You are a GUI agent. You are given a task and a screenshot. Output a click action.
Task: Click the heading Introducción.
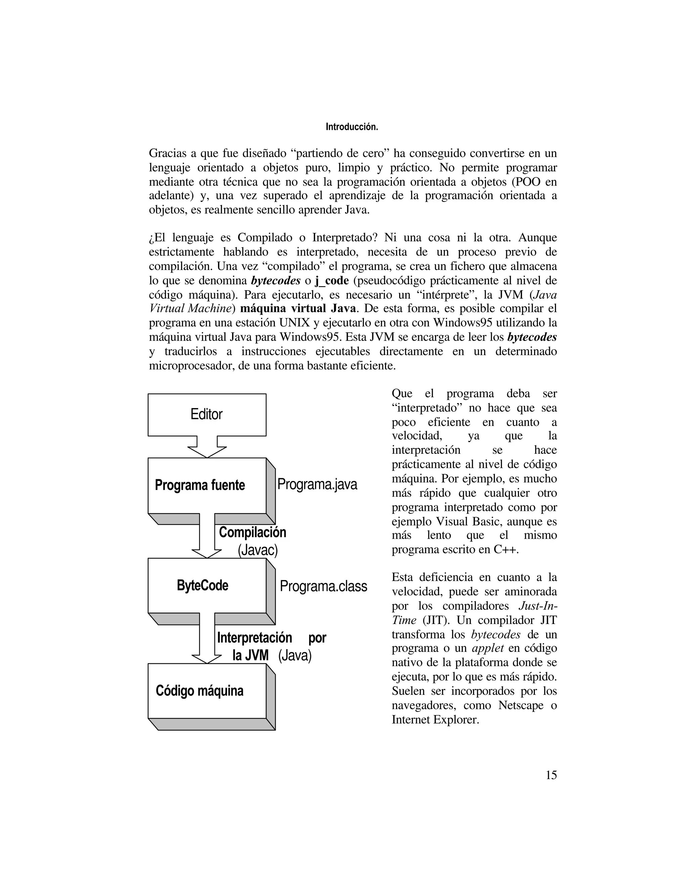tap(352, 127)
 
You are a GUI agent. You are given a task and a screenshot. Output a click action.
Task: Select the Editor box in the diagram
tap(207, 414)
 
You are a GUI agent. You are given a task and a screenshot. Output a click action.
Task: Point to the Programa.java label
tap(317, 484)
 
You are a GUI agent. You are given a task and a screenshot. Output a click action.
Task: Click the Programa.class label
tap(323, 586)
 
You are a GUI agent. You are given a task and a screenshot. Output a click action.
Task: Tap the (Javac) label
tap(258, 550)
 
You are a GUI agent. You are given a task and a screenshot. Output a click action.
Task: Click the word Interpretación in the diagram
tap(254, 638)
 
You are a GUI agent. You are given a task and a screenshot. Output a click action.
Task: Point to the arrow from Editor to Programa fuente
tap(207, 447)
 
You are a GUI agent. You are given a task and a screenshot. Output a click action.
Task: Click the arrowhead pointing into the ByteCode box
tap(207, 553)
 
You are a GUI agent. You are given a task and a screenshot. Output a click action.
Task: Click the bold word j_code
tap(332, 281)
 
